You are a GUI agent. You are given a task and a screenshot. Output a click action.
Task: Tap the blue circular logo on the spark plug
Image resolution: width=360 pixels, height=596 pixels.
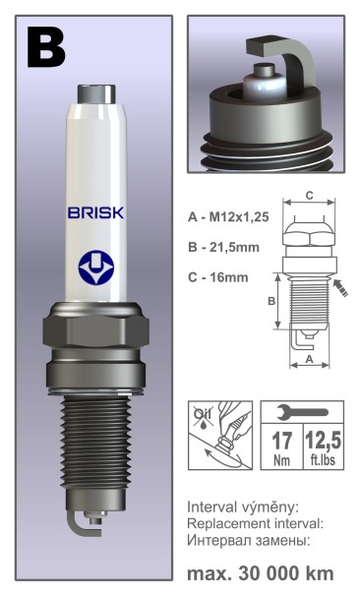pyautogui.click(x=93, y=268)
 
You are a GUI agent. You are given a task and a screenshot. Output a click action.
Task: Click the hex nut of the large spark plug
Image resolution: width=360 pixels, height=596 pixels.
pyautogui.click(x=93, y=339)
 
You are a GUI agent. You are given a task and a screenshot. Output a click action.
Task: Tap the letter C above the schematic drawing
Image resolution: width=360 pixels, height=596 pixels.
pyautogui.click(x=308, y=195)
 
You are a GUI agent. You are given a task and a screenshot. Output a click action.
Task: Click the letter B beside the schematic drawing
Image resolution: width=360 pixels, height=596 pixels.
pyautogui.click(x=272, y=302)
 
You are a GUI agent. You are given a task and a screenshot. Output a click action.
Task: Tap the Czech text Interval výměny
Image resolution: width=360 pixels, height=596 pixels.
pyautogui.click(x=242, y=507)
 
